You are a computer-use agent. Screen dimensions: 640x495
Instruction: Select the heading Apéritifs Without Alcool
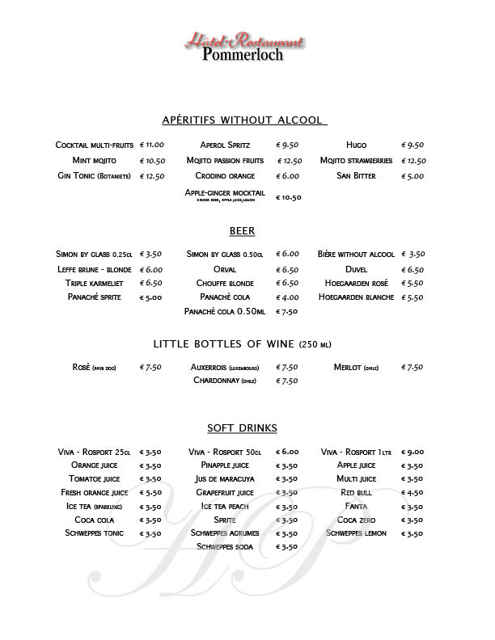[243, 120]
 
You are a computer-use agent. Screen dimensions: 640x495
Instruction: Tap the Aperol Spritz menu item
[225, 145]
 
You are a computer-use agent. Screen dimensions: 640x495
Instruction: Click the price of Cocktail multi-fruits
[152, 145]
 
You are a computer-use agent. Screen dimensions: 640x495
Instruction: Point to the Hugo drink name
[356, 145]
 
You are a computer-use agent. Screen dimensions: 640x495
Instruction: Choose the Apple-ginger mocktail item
[225, 193]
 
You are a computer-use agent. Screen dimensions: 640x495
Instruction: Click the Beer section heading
[243, 231]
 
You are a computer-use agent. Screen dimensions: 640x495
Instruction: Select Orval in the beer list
[225, 269]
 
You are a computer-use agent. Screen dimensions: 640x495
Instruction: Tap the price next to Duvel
[412, 269]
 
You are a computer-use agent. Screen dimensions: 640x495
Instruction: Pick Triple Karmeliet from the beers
[95, 284]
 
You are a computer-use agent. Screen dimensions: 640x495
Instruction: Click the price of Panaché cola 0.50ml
[287, 311]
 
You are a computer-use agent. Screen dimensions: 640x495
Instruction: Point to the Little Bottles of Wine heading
[242, 344]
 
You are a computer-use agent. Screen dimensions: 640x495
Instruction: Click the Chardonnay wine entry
[225, 381]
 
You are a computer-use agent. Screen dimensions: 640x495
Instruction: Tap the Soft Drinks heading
[243, 428]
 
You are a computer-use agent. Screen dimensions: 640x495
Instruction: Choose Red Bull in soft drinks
[356, 492]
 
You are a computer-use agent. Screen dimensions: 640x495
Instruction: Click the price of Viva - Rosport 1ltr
[412, 453]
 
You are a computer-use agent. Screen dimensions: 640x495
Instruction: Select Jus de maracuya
[225, 478]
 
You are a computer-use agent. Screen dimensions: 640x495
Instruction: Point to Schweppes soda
[225, 547]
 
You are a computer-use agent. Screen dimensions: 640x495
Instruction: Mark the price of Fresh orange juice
[151, 492]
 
